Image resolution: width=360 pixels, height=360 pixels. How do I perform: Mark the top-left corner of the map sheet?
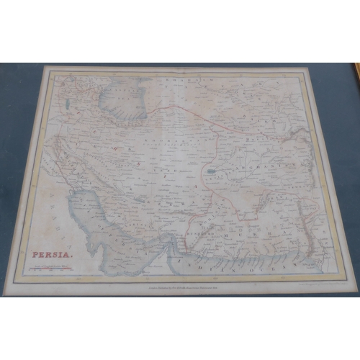tap(45, 68)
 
